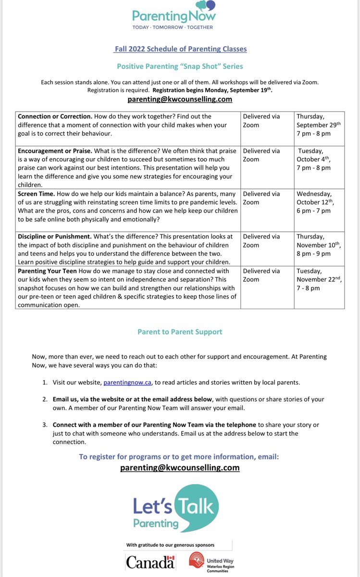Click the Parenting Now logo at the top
180,17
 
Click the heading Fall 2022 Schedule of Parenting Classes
180,49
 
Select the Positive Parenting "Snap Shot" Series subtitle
180,66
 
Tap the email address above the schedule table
180,99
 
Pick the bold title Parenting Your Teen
47,271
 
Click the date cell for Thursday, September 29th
318,125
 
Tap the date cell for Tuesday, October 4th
318,159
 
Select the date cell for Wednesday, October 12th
318,202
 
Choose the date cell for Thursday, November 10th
318,245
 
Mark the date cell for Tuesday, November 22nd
318,279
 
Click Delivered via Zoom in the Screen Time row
261,198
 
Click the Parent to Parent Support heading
180,332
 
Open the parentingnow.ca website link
124,383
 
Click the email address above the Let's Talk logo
180,467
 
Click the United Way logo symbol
196,561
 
